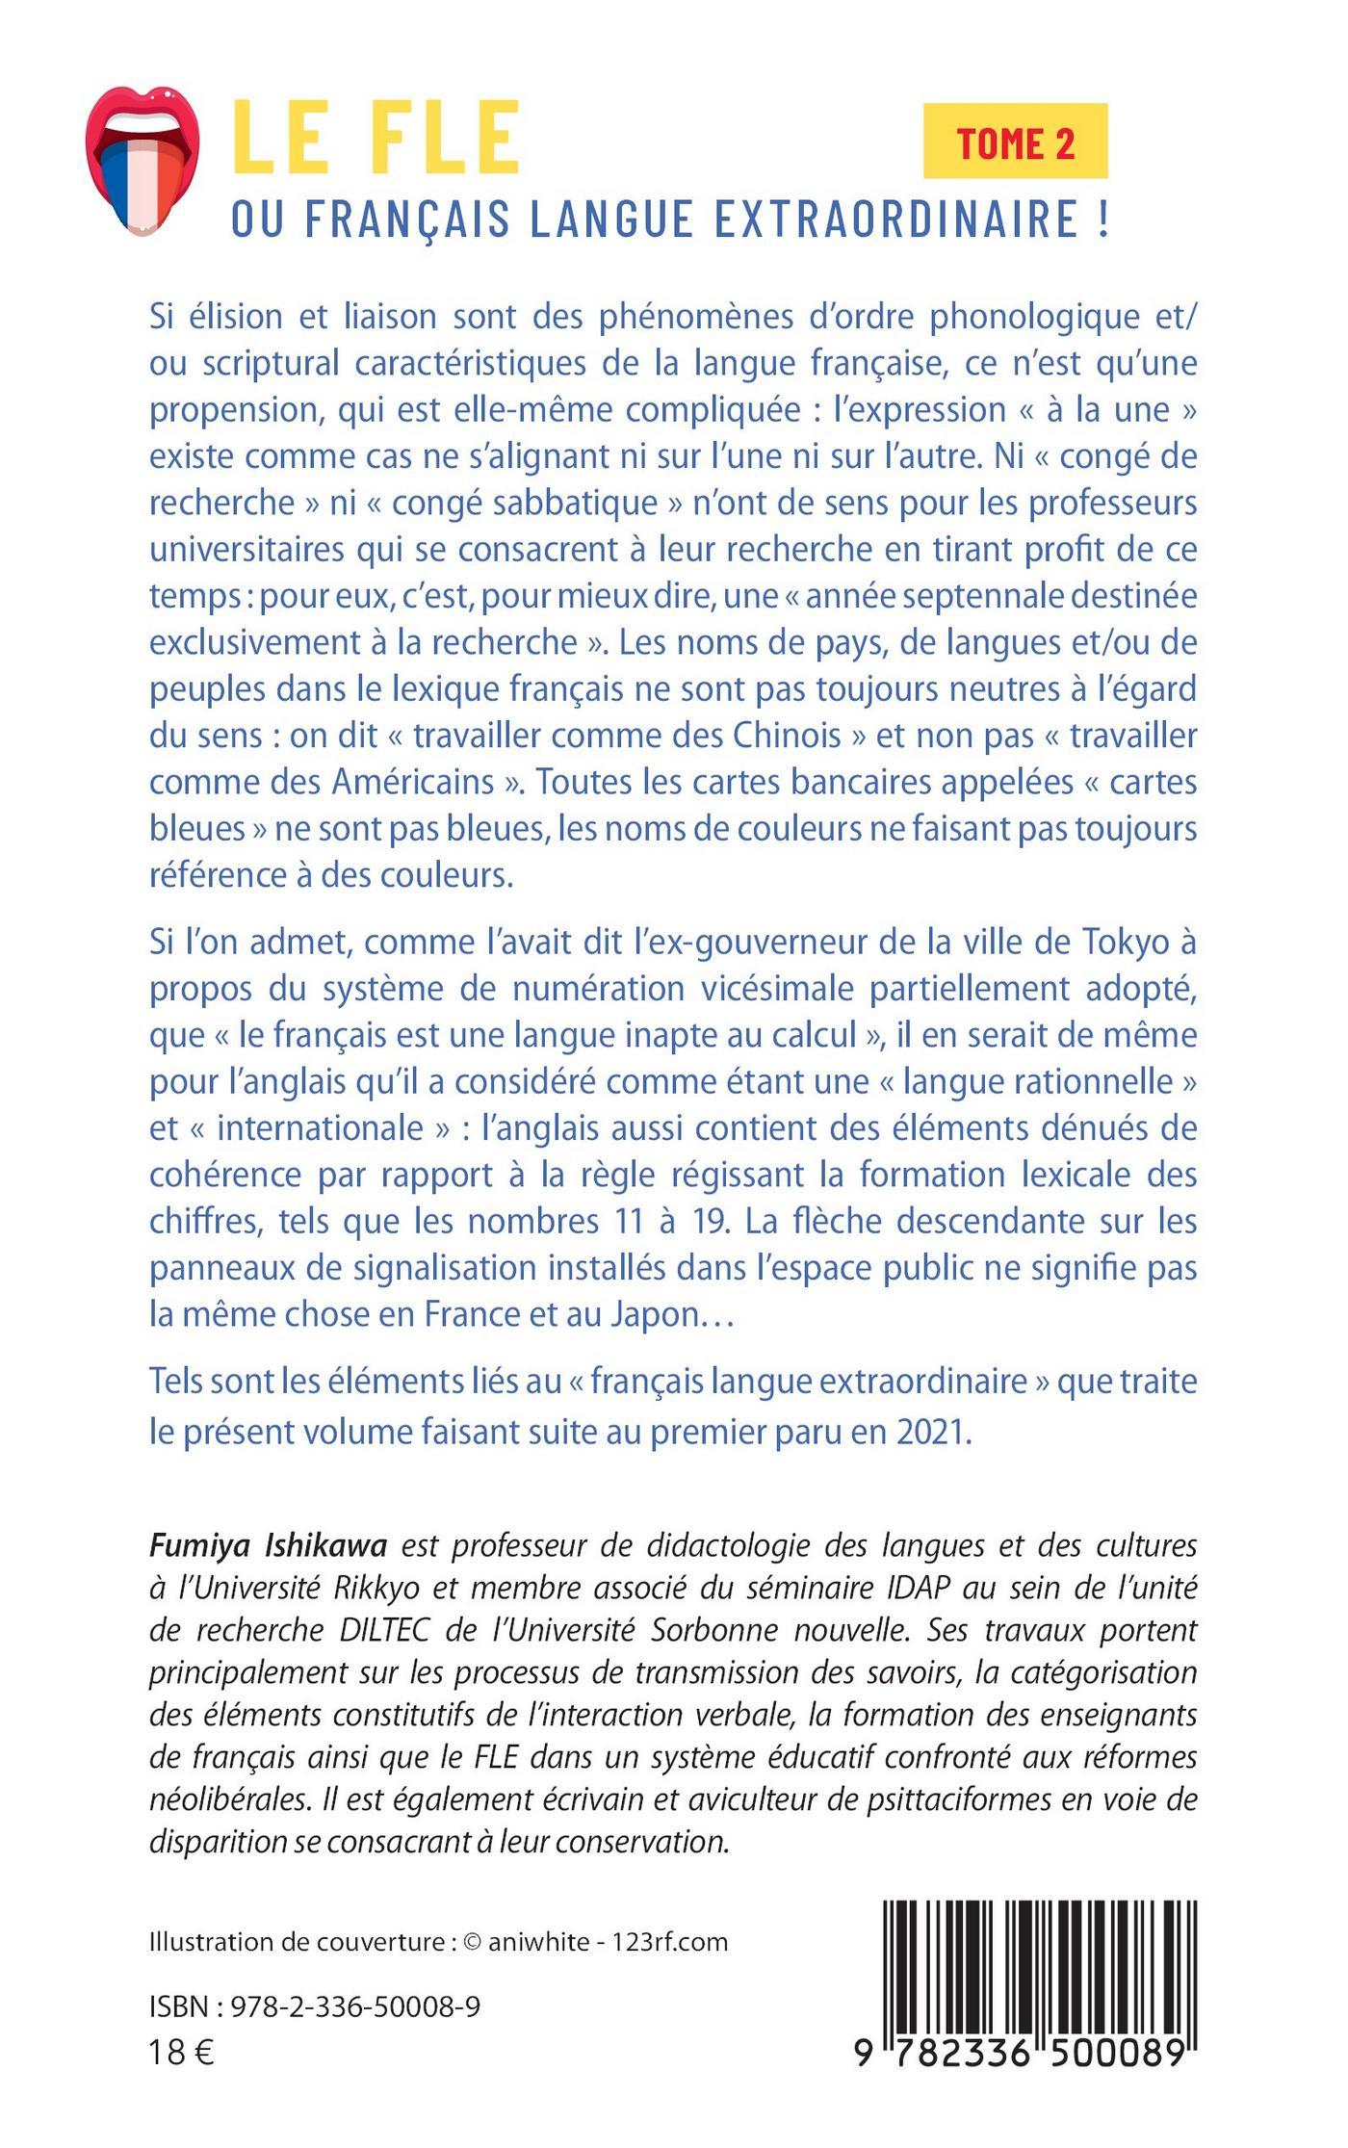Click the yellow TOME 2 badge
[1015, 142]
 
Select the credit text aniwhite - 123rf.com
[608, 1942]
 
